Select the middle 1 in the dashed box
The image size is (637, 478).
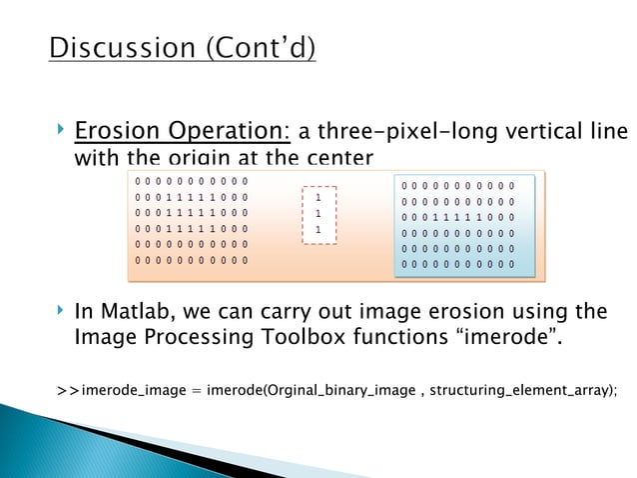(x=318, y=214)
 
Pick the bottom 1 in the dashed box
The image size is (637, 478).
(x=318, y=230)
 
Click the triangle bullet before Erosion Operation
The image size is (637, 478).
(x=59, y=131)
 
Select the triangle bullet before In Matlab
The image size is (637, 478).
(x=59, y=316)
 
